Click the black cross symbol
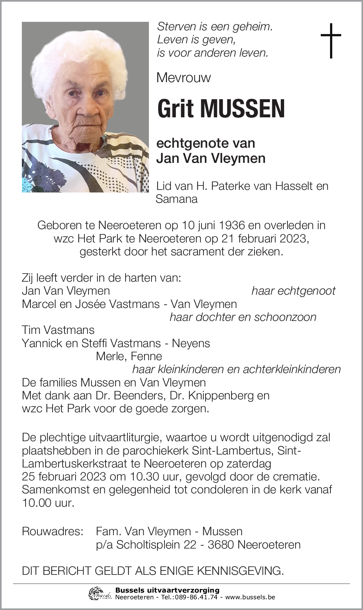coord(330,40)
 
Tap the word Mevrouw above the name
coord(183,78)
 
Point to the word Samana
coord(177,199)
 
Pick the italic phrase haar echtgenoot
coord(293,291)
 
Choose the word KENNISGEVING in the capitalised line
coord(240,570)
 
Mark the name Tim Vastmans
coord(58,330)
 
